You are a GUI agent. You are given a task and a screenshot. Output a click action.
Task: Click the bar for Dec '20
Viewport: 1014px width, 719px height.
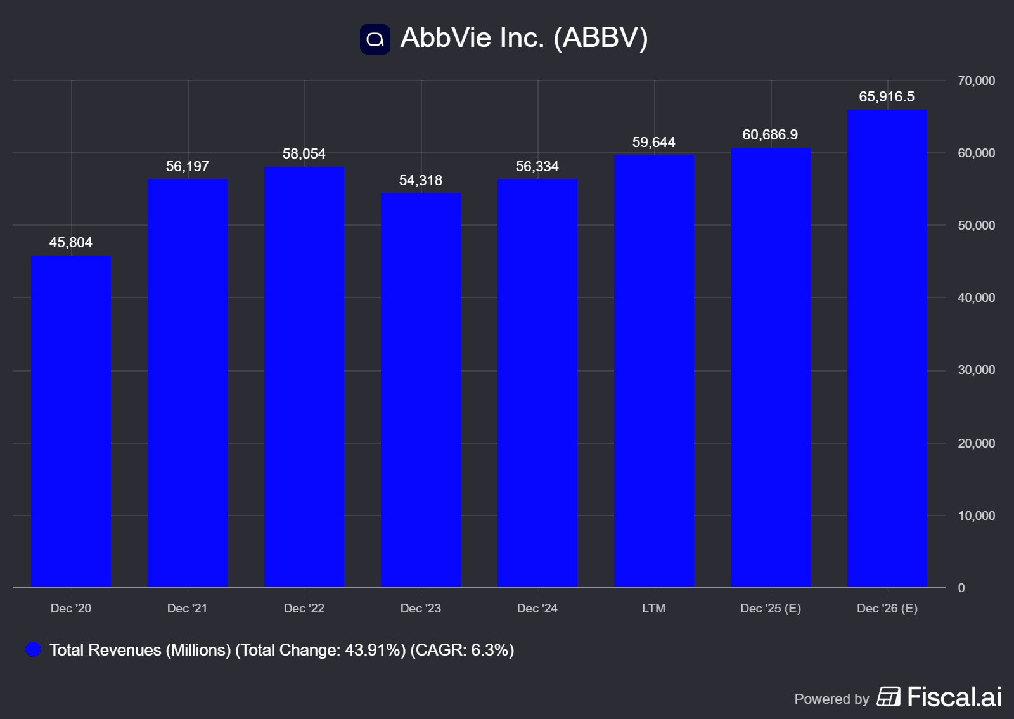(x=71, y=422)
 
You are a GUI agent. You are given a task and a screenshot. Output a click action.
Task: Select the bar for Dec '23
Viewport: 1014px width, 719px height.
(x=421, y=391)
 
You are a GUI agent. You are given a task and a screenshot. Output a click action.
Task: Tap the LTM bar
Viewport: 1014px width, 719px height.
(x=654, y=372)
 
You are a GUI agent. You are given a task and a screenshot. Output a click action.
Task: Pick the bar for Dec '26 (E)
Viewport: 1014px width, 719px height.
(x=887, y=349)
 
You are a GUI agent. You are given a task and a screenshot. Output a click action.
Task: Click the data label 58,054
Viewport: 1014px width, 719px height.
(x=304, y=154)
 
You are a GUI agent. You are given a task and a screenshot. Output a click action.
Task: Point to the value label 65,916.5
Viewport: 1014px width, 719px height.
(x=887, y=97)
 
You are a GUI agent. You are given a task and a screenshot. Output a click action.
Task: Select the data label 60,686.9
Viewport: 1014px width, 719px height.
(x=770, y=135)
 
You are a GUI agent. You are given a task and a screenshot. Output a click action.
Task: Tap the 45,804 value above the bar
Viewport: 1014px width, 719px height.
(x=71, y=243)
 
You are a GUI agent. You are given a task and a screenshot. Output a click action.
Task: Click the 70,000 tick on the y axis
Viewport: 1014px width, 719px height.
(x=976, y=81)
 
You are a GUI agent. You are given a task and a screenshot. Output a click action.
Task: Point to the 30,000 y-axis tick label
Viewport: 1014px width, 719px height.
(x=976, y=370)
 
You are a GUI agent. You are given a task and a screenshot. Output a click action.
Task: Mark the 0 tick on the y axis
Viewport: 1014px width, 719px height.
(x=961, y=588)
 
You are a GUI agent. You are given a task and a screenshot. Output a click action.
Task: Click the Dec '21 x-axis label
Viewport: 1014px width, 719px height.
(x=187, y=609)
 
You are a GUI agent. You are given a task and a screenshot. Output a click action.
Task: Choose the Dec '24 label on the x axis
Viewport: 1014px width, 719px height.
(x=537, y=609)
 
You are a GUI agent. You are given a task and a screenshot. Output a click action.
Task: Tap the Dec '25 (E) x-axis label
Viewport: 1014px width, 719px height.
(x=770, y=609)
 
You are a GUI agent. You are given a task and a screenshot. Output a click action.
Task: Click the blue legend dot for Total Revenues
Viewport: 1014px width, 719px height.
(x=33, y=650)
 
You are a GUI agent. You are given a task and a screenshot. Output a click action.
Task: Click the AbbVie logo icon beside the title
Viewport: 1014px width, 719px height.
(x=375, y=39)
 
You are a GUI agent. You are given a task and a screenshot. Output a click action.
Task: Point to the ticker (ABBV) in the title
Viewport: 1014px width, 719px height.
(x=601, y=38)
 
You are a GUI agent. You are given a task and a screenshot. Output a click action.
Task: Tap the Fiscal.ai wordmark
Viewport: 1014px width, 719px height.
(x=954, y=697)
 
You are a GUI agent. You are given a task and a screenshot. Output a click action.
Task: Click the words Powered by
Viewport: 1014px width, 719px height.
(x=831, y=699)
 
